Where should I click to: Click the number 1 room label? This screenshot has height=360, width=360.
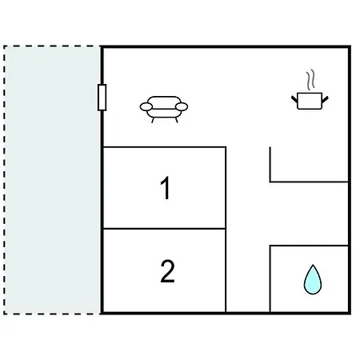(x=166, y=188)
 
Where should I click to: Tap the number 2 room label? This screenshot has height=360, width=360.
(x=167, y=271)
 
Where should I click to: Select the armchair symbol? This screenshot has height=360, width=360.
(x=164, y=109)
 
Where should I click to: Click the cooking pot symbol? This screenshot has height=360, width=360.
(x=310, y=90)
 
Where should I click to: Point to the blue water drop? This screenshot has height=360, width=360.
(x=313, y=280)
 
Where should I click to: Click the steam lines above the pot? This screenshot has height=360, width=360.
(x=310, y=79)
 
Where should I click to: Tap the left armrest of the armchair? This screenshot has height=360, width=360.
(x=146, y=106)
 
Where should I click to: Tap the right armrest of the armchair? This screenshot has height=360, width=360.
(x=182, y=106)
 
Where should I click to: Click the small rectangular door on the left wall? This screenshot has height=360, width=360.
(x=102, y=98)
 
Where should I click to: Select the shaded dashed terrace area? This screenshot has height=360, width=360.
(x=52, y=180)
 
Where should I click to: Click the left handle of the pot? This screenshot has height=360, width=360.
(x=294, y=99)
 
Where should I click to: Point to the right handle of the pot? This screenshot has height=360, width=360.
(x=325, y=99)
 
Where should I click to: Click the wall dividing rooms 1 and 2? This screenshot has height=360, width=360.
(x=165, y=229)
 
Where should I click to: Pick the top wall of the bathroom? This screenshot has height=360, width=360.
(x=309, y=246)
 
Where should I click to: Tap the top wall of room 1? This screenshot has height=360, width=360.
(x=165, y=146)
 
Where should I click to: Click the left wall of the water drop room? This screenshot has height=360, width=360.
(x=270, y=278)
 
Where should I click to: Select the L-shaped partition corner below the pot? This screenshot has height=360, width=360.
(x=270, y=182)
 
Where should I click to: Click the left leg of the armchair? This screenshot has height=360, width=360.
(x=153, y=120)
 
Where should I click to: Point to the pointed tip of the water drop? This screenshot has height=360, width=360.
(x=313, y=265)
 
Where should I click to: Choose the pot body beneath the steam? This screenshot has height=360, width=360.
(x=310, y=101)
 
